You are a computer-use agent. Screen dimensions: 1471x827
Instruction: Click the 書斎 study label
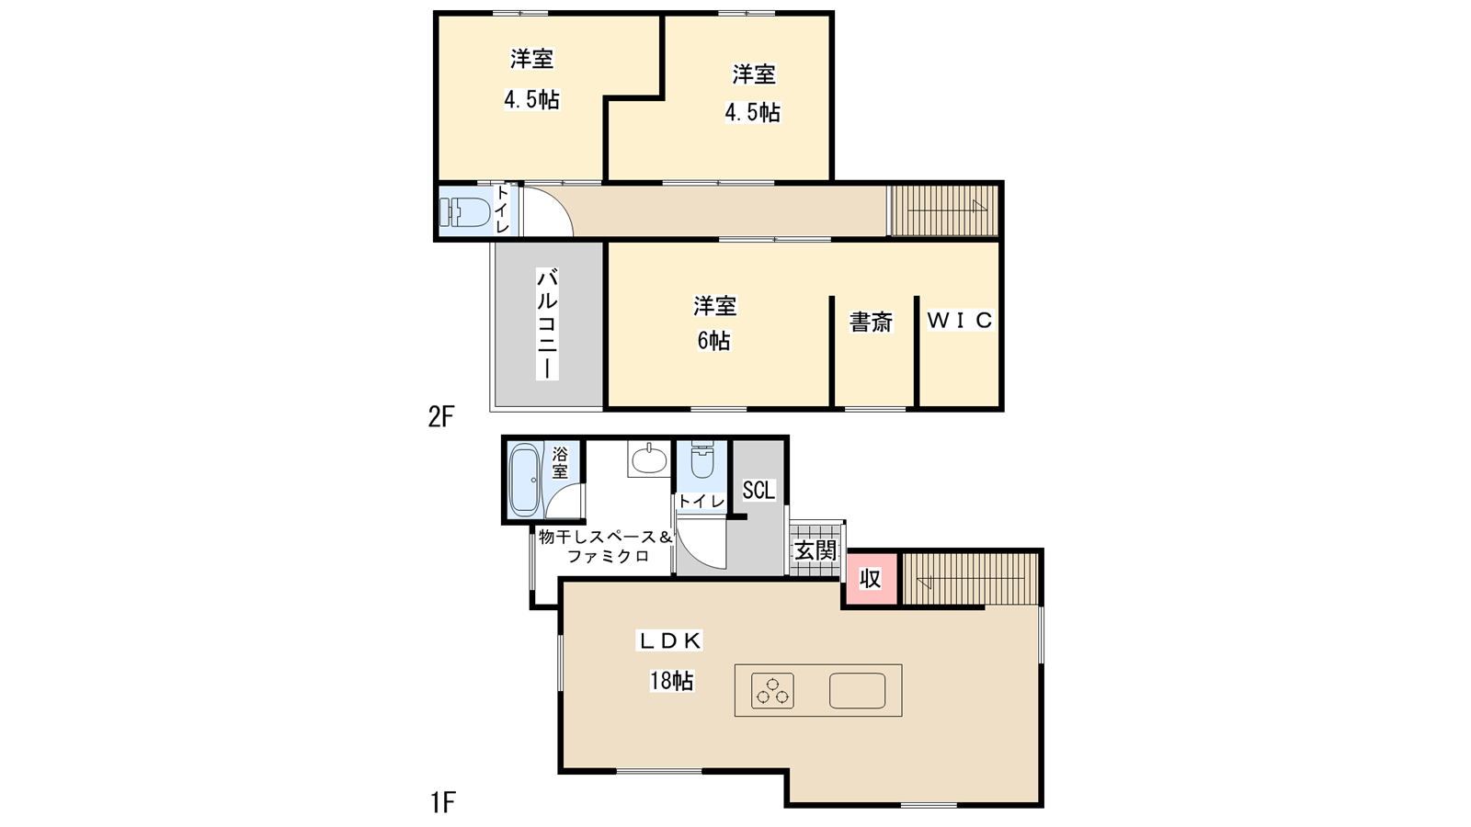(x=871, y=322)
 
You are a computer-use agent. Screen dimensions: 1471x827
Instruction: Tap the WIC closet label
(x=960, y=320)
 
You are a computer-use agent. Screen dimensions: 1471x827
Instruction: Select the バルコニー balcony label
(x=547, y=323)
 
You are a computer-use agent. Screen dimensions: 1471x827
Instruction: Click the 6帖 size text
(x=713, y=341)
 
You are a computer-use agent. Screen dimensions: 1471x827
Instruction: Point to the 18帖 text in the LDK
(x=671, y=681)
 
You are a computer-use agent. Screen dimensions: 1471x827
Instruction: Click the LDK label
(x=670, y=640)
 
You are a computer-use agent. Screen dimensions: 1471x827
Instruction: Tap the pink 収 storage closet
(x=870, y=579)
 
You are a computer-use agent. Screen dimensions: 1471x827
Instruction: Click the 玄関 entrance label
(x=815, y=550)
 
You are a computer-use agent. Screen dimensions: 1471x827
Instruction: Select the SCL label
(x=758, y=490)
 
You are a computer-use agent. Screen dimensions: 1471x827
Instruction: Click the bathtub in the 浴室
(x=525, y=479)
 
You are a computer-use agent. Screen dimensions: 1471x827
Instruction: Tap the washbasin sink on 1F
(x=649, y=459)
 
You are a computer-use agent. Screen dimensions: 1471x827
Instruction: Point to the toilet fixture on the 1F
(x=702, y=462)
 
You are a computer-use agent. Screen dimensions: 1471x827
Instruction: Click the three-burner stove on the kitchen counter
(x=772, y=690)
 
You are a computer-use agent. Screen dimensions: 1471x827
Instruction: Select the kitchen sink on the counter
(x=857, y=690)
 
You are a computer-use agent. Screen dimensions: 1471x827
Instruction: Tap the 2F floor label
(x=440, y=416)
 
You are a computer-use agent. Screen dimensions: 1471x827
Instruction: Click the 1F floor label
(x=442, y=802)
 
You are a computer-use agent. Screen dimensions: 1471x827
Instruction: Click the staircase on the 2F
(x=943, y=210)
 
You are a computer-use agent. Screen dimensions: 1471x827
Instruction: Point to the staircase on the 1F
(x=971, y=579)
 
